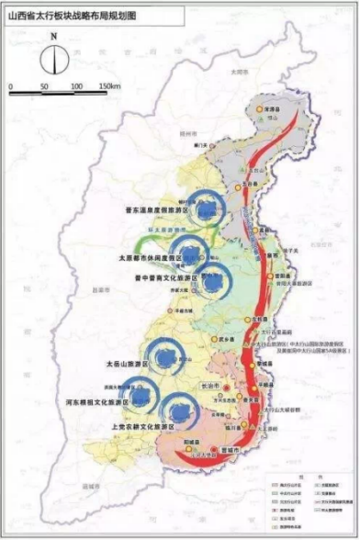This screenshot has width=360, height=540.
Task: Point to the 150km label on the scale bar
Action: (109, 85)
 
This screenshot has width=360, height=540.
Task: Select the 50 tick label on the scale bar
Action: (45, 85)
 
